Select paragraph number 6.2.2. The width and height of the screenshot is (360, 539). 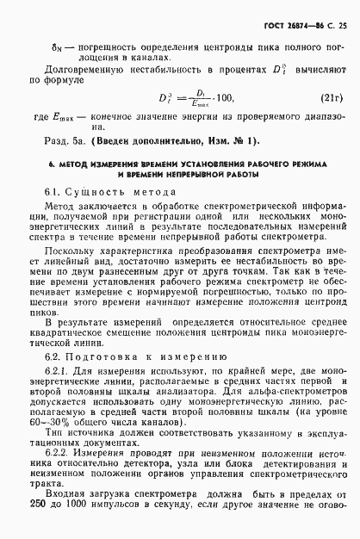point(54,467)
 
